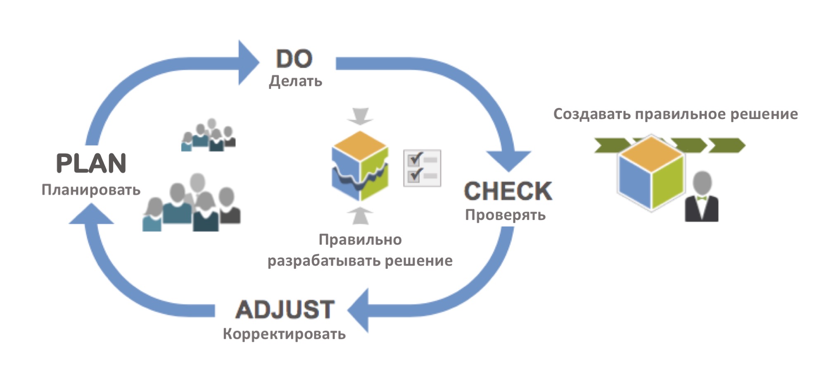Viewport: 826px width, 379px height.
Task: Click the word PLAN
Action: (91, 163)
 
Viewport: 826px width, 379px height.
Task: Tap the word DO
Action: (294, 59)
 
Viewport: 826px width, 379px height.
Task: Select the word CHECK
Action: (508, 191)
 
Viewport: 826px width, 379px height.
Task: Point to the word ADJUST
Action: (285, 310)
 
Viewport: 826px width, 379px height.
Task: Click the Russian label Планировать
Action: (91, 190)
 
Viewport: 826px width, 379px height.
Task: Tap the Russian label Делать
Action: (295, 81)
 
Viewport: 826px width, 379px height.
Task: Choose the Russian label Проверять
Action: (505, 215)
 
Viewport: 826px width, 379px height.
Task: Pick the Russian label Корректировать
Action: (284, 334)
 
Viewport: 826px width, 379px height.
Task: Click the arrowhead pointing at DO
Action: (248, 63)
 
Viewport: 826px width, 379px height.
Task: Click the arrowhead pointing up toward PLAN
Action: (91, 215)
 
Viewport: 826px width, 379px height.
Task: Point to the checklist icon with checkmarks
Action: (422, 168)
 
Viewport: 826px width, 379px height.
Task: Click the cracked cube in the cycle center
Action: (360, 165)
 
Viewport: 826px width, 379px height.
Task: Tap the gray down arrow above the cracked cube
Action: (360, 116)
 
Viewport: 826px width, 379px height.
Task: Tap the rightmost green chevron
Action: (727, 145)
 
